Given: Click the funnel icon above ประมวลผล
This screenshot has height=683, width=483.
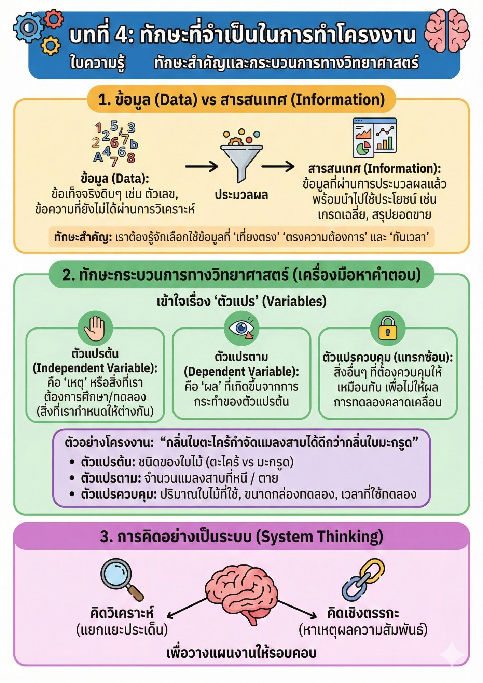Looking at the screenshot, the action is click(x=242, y=156).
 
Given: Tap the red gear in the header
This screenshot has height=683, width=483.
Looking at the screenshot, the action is click(x=54, y=18).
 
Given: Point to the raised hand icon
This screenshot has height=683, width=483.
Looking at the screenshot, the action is click(x=95, y=328).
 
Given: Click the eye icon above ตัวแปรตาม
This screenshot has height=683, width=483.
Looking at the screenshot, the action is click(x=242, y=328).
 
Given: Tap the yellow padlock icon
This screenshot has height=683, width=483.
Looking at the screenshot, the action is click(x=388, y=328).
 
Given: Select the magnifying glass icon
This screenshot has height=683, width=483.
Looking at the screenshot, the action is click(x=121, y=579).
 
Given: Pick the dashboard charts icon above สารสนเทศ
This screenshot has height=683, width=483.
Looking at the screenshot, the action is click(x=375, y=138).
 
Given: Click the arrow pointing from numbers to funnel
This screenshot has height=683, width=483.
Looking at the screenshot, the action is click(x=202, y=167).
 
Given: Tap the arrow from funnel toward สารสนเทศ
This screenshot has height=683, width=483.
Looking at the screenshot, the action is click(x=278, y=167).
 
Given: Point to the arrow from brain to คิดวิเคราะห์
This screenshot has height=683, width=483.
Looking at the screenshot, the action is click(x=187, y=607).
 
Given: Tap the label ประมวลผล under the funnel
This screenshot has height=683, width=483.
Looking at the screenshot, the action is click(x=242, y=195).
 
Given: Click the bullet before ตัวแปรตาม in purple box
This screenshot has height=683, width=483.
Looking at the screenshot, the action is click(x=72, y=478).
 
